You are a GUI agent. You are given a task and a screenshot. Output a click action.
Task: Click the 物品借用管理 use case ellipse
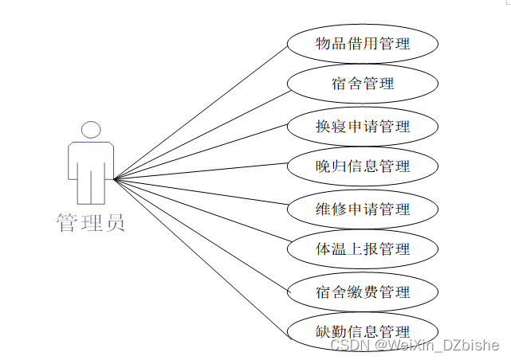[362, 44]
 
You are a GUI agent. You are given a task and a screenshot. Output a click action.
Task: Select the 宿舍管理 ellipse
[362, 83]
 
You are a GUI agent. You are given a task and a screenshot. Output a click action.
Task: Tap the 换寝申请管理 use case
[362, 126]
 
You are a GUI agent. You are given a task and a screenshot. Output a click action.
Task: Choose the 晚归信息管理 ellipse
[362, 166]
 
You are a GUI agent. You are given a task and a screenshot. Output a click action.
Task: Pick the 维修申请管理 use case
[362, 209]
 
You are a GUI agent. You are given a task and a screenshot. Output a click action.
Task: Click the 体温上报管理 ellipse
[362, 249]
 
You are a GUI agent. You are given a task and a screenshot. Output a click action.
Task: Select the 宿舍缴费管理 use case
[362, 292]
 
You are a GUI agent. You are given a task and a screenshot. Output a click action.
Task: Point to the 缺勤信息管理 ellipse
[362, 331]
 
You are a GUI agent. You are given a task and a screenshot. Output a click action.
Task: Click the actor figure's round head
[91, 130]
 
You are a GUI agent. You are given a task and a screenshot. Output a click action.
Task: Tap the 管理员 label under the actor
[91, 222]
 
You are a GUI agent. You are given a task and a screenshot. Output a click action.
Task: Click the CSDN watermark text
[415, 345]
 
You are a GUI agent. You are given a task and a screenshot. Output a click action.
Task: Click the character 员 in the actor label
[115, 222]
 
